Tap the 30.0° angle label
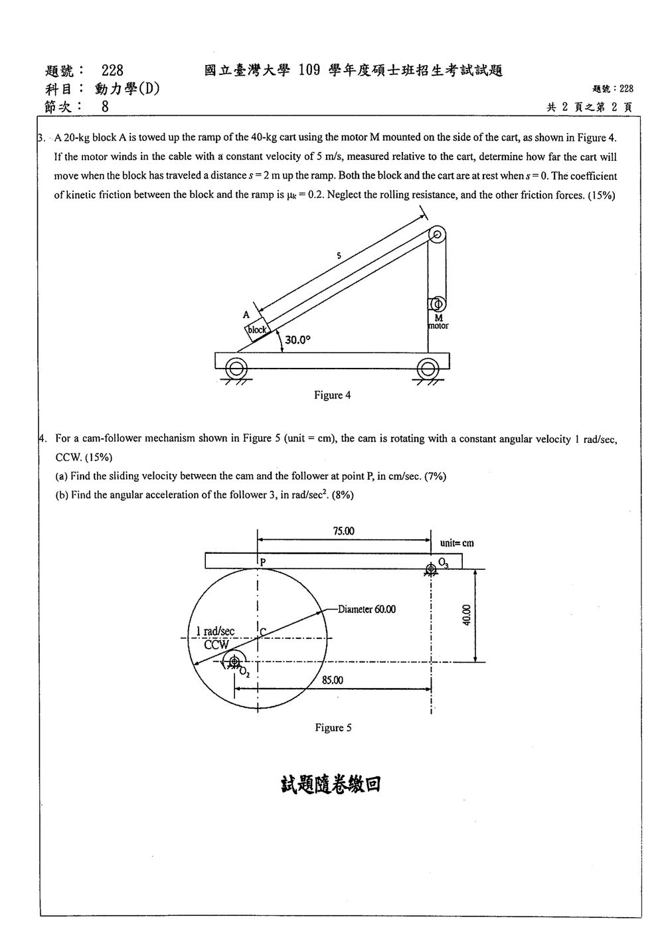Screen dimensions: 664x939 297,339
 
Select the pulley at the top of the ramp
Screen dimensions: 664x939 437,234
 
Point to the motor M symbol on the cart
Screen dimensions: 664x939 438,303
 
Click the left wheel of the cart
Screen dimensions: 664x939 236,369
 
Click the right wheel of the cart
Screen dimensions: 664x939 428,369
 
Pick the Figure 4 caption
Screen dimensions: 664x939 333,395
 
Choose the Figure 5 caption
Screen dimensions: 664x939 333,728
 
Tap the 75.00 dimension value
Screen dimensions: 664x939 343,531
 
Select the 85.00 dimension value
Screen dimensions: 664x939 333,680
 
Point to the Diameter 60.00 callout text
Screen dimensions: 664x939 367,609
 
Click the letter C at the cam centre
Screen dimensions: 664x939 263,632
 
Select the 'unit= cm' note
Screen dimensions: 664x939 457,543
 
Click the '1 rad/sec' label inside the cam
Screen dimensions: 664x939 215,631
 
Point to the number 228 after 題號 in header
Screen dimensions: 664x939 112,70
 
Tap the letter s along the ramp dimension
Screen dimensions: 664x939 339,255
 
